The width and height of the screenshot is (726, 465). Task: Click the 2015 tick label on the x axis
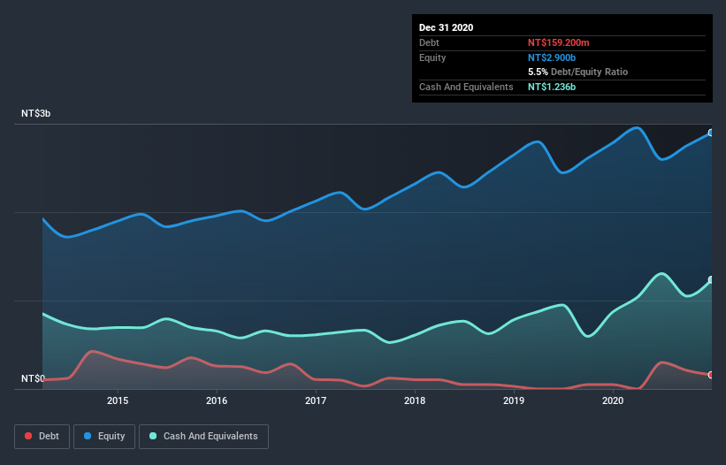[118, 401]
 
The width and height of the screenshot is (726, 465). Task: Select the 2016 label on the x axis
[217, 401]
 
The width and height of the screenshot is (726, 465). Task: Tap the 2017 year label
[316, 401]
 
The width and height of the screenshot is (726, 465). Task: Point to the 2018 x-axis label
[415, 401]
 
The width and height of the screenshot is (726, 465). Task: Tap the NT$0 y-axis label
[32, 379]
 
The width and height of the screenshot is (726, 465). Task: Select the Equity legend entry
[104, 436]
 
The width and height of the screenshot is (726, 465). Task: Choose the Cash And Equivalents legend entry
[204, 436]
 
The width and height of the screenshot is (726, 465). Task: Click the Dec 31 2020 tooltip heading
[446, 27]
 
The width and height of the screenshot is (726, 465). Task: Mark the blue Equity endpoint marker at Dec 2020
[710, 133]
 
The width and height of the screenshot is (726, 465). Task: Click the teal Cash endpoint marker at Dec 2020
[710, 280]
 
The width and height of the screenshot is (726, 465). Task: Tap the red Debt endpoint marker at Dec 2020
[710, 375]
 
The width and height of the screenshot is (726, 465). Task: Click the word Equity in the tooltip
[432, 57]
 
